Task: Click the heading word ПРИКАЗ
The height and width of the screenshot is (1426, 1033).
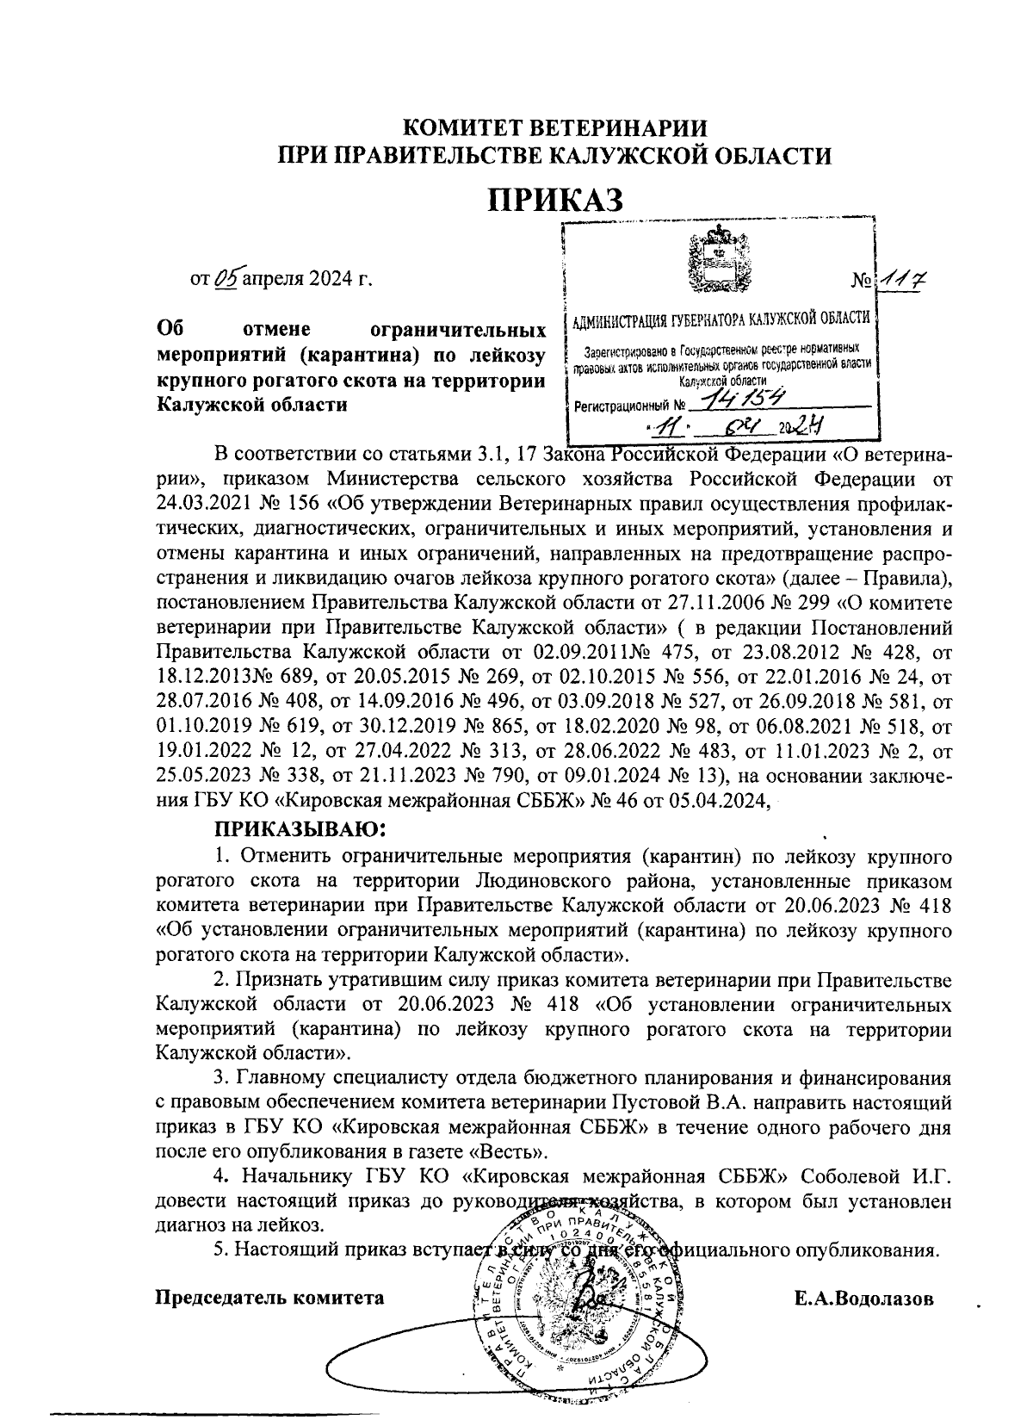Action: (x=555, y=200)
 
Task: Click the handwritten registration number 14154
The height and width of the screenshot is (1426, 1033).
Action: (x=741, y=399)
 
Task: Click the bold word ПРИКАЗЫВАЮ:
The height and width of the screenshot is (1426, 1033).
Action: (x=297, y=830)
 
